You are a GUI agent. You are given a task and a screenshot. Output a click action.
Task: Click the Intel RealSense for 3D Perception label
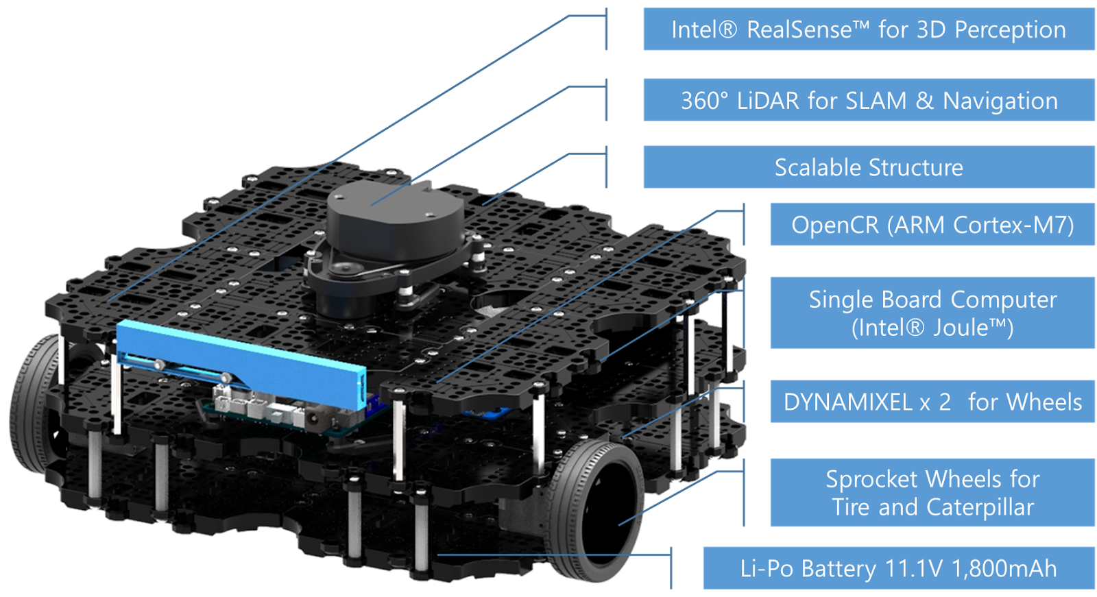(868, 29)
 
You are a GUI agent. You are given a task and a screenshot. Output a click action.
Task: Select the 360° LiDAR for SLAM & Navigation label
(868, 100)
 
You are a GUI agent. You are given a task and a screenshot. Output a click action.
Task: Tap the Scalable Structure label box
(868, 167)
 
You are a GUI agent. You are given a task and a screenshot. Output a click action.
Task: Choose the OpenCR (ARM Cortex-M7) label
(932, 224)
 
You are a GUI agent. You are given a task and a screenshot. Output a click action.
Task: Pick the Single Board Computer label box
(932, 313)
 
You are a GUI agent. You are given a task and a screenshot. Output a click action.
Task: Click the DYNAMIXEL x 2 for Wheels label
(932, 402)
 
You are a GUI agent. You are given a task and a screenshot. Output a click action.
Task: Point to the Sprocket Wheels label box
(932, 492)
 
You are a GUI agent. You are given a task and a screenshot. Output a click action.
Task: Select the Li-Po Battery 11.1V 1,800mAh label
(898, 568)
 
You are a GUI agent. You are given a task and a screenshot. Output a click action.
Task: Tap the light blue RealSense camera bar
(240, 363)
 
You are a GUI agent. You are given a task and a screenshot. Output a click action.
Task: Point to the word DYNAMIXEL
(847, 402)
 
